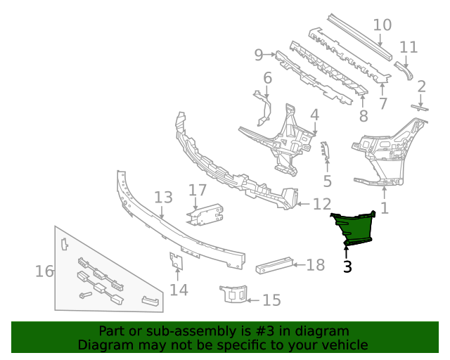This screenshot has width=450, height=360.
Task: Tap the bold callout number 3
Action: point(347,266)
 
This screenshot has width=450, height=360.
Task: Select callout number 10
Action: point(382,25)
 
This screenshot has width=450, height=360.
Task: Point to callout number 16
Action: point(44,271)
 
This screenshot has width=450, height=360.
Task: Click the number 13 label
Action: point(163,198)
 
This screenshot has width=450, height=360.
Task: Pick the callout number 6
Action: point(267,78)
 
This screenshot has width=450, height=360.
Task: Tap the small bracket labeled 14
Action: point(176,261)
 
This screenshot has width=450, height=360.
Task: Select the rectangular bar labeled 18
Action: point(274,265)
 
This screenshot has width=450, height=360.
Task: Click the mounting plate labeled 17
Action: point(205,214)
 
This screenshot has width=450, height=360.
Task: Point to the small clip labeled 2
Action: point(420,108)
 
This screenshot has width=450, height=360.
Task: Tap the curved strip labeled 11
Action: point(405,70)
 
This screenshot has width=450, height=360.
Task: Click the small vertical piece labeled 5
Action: point(325,150)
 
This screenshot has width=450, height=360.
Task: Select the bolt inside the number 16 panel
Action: point(86,295)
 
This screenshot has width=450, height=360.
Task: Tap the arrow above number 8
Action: point(363,101)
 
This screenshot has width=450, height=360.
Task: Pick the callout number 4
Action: point(314,115)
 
